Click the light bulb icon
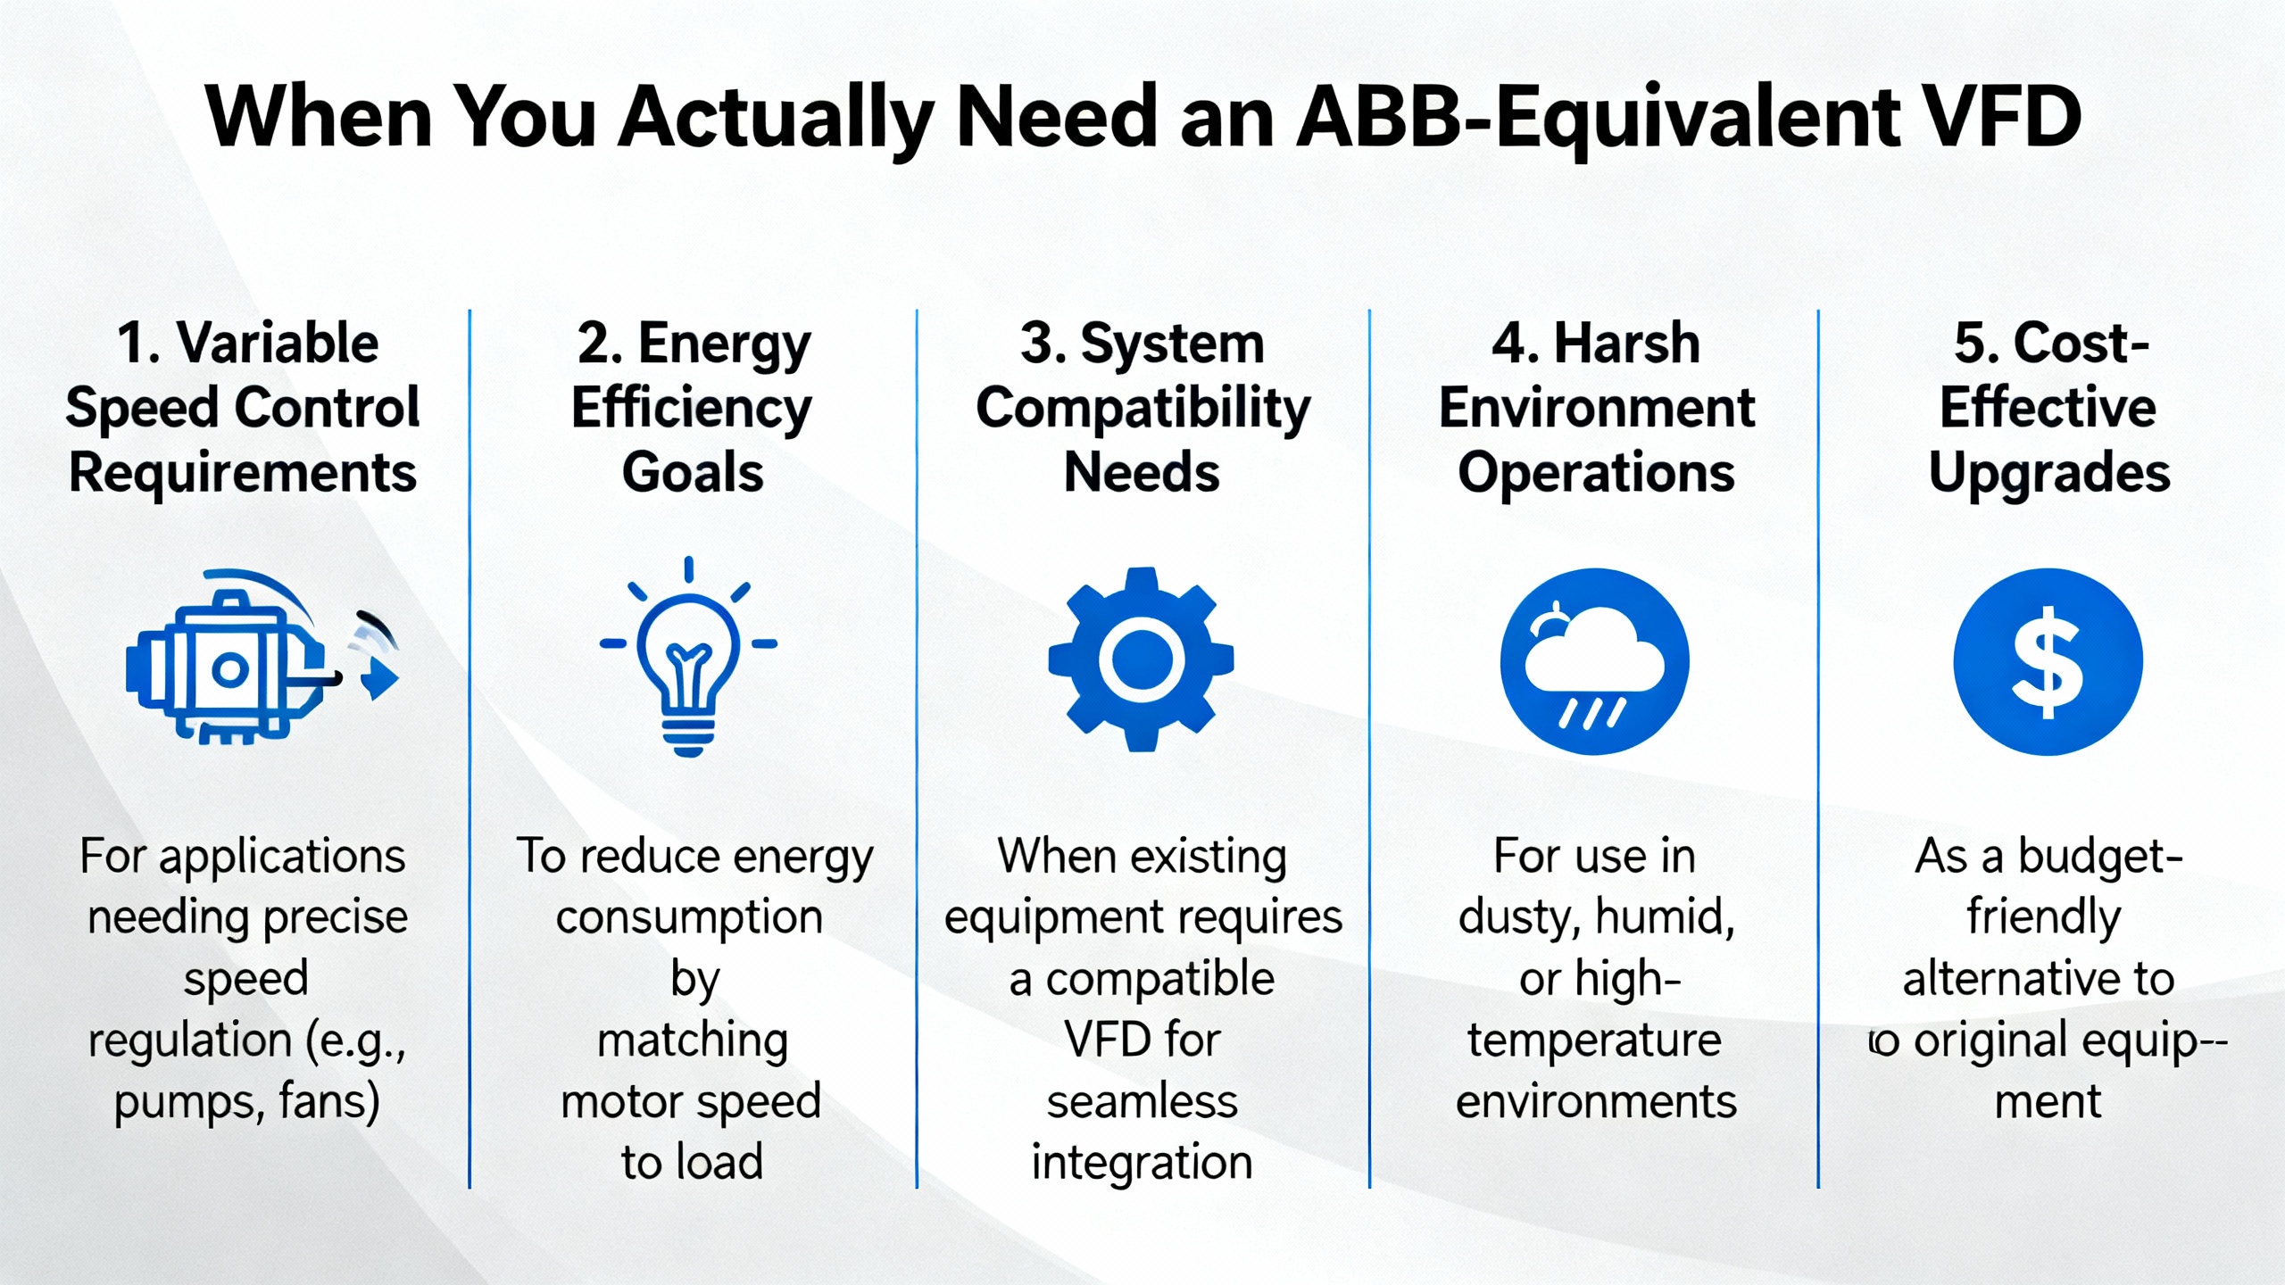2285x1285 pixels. [x=688, y=657]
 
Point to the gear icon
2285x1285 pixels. [x=1141, y=659]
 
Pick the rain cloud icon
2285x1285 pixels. [x=1595, y=661]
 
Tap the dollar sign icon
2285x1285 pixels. [x=2048, y=661]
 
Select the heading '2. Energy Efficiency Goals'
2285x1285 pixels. [x=693, y=408]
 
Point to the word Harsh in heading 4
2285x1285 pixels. [x=1626, y=344]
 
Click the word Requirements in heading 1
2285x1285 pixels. [x=243, y=473]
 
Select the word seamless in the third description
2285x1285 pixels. [x=1142, y=1102]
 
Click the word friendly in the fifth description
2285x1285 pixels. [x=2044, y=918]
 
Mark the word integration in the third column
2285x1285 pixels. [x=1142, y=1164]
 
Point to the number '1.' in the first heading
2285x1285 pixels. [x=138, y=344]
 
